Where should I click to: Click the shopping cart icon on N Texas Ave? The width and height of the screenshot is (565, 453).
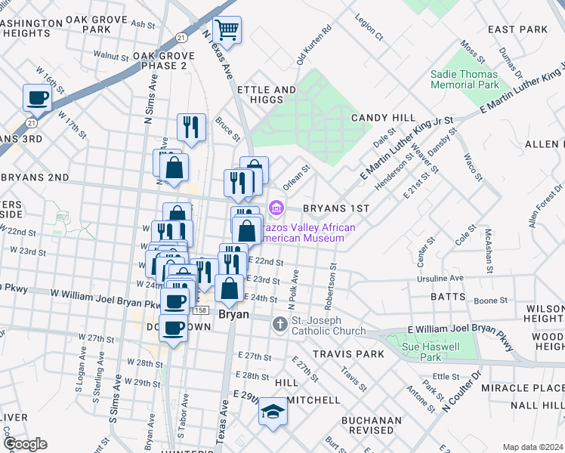pos(227,31)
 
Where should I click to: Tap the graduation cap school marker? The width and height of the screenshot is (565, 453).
pos(273,412)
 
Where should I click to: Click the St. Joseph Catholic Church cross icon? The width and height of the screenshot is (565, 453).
pos(280,325)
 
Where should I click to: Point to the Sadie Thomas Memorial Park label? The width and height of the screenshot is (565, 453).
pos(464,80)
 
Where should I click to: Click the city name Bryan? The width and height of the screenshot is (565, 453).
pos(233,314)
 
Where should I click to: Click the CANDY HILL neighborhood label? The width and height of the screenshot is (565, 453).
pos(383,119)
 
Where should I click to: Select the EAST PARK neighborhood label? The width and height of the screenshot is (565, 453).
pos(517,29)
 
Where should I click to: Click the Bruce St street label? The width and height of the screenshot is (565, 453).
pos(227,129)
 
